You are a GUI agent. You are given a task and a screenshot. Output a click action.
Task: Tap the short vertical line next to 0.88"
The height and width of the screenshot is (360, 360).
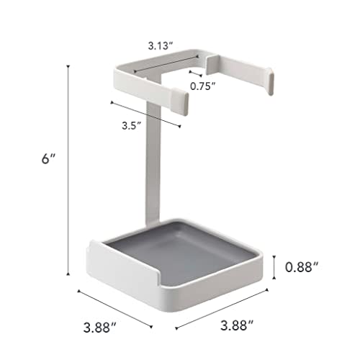[276, 267]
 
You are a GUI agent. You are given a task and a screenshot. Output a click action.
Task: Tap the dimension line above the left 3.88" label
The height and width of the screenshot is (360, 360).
[112, 302]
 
